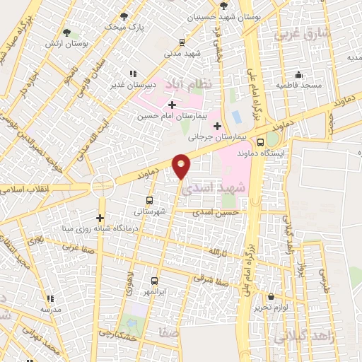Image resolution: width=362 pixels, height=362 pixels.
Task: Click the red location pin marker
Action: click(182, 165)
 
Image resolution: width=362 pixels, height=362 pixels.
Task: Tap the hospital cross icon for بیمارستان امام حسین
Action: click(172, 105)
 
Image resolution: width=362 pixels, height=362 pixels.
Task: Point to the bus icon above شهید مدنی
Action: click(183, 42)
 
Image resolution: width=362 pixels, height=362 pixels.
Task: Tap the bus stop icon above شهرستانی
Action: click(148, 200)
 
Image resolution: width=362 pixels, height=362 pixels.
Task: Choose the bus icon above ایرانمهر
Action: click(153, 280)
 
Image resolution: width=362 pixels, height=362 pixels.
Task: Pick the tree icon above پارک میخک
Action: click(124, 16)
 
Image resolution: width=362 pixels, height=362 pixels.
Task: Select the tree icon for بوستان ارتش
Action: click(67, 33)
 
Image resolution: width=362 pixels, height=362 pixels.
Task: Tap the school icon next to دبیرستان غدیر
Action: click(134, 73)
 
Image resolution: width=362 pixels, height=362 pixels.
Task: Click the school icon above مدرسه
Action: click(49, 298)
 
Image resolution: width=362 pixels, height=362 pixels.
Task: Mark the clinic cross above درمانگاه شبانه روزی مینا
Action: click(100, 218)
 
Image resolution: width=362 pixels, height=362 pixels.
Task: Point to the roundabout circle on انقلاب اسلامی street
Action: click(103, 185)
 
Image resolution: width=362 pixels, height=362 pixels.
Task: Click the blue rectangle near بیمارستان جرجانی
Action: click(235, 115)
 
